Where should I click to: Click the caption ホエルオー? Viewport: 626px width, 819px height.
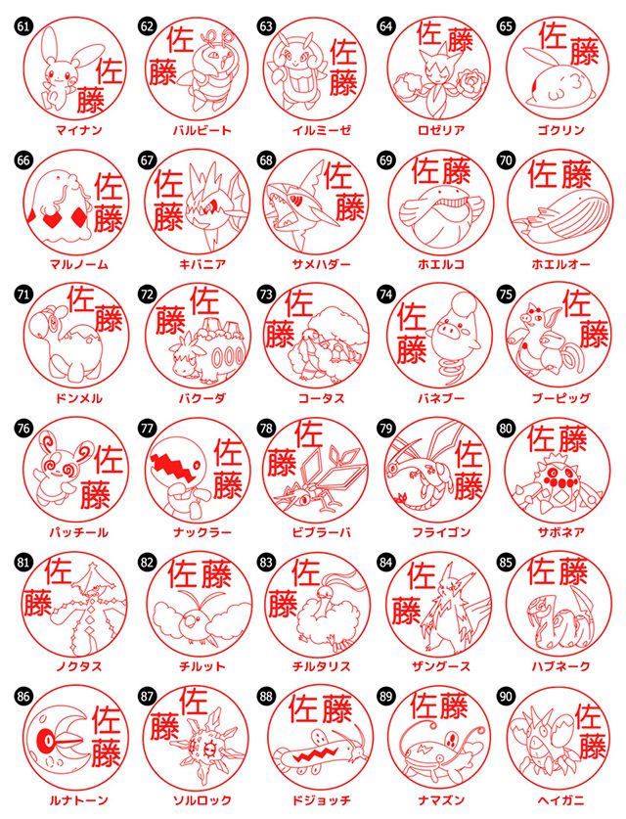pyautogui.click(x=559, y=264)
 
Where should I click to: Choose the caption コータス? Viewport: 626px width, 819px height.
pyautogui.click(x=319, y=398)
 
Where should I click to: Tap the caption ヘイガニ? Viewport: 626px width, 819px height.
pyautogui.click(x=559, y=800)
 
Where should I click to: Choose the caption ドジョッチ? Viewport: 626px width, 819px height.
pyautogui.click(x=319, y=800)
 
